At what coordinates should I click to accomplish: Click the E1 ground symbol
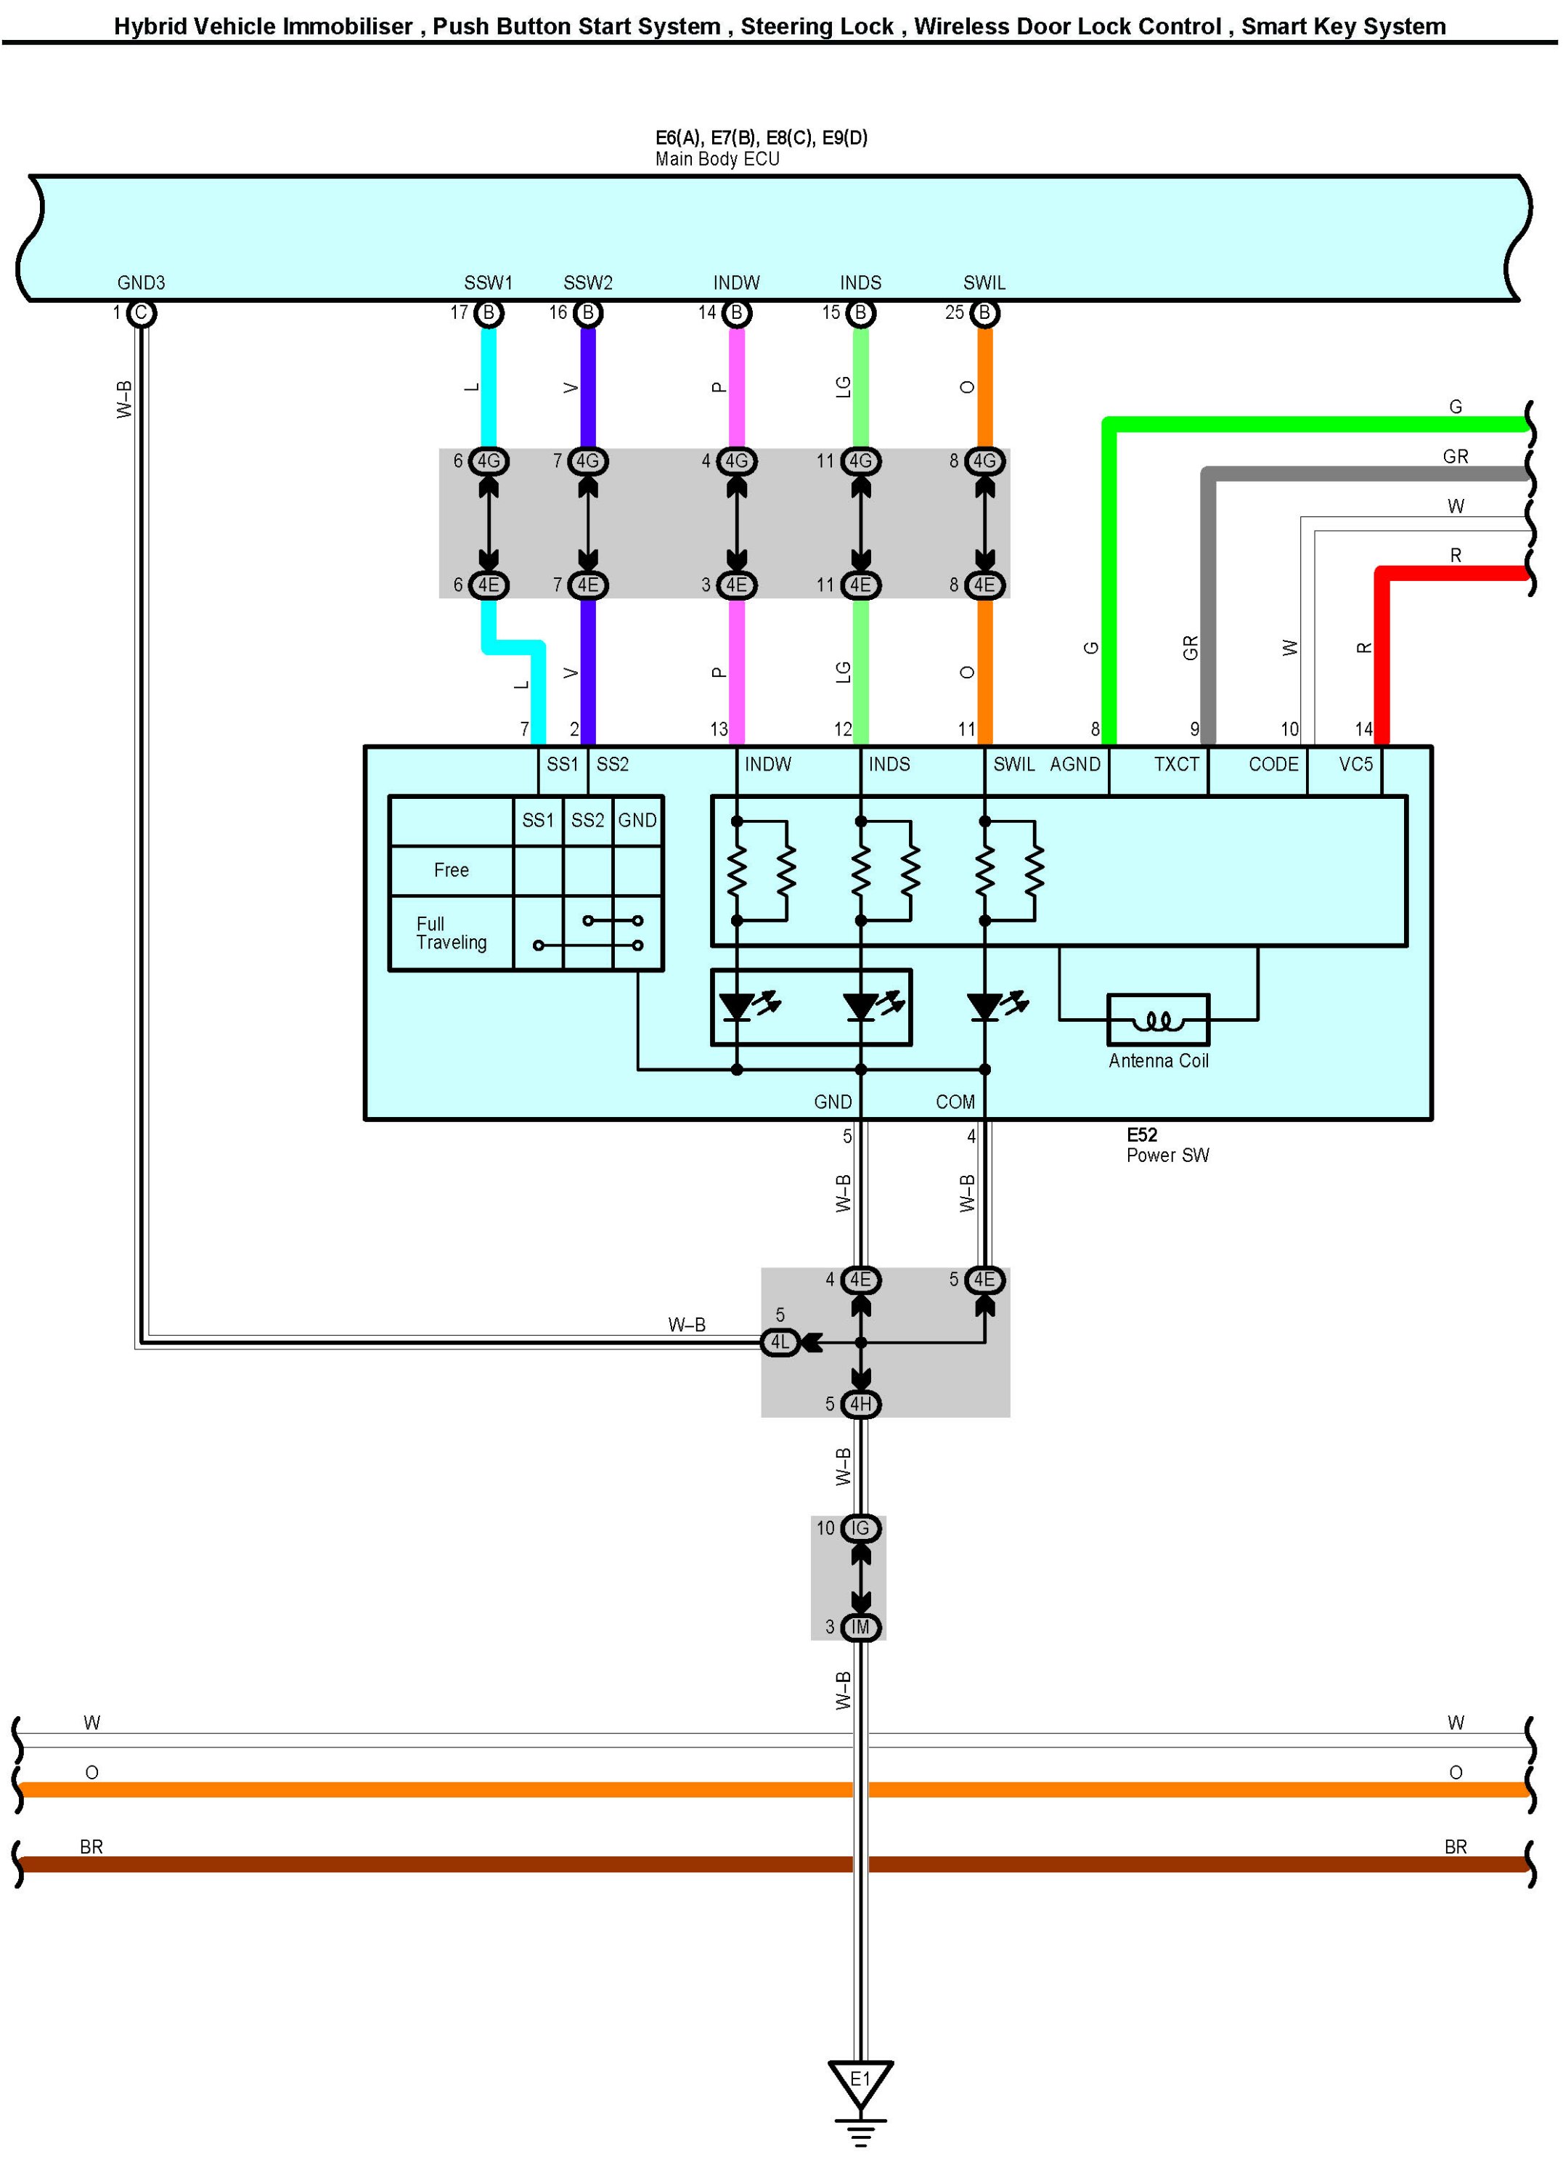click(860, 2080)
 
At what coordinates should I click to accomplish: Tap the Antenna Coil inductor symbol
click(1157, 1020)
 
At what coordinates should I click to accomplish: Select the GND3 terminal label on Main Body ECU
click(141, 283)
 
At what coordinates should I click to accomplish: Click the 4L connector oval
click(780, 1342)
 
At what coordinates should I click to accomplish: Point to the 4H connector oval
click(860, 1404)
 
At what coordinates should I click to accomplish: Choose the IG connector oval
click(860, 1528)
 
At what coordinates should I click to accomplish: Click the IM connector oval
click(860, 1628)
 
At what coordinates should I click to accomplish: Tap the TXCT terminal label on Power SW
click(1176, 765)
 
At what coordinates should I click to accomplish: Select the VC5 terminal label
click(1356, 765)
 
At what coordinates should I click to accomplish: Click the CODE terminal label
click(1273, 765)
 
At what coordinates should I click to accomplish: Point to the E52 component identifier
click(1142, 1134)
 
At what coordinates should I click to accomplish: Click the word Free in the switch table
click(451, 870)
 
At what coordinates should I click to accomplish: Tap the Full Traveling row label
click(451, 933)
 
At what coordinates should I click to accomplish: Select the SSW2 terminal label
click(587, 283)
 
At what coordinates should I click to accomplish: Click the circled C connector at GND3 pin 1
click(141, 313)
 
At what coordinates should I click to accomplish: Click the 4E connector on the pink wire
click(737, 585)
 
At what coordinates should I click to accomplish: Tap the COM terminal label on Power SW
click(955, 1101)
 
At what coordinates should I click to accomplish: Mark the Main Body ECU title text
click(717, 159)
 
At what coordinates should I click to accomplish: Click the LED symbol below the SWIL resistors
click(986, 1006)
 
